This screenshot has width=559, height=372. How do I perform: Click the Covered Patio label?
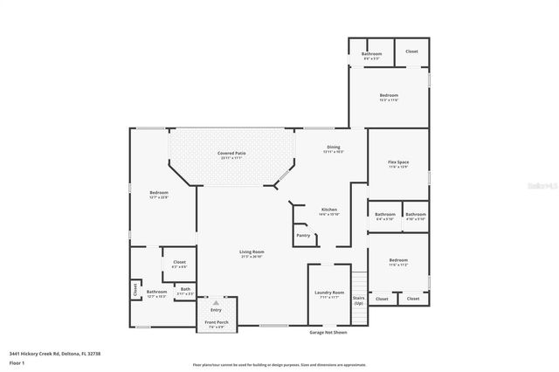[x=232, y=153]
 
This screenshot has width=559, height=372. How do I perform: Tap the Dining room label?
[x=333, y=147]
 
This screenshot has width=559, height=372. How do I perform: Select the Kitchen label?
[x=328, y=210]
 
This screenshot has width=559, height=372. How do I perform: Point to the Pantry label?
[x=303, y=235]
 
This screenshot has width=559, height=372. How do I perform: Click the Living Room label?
[x=252, y=253]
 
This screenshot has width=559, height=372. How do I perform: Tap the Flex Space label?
[x=398, y=162]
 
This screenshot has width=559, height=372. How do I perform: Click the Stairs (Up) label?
[x=358, y=300]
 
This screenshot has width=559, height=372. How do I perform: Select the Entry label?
[x=216, y=310]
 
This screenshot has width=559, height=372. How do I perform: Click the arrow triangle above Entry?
[x=216, y=303]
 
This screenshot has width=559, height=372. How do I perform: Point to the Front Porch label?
[x=216, y=323]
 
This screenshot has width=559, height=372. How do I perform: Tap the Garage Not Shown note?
[x=328, y=332]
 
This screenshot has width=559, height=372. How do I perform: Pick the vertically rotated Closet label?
[x=135, y=287]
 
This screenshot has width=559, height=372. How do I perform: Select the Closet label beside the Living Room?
[x=179, y=262]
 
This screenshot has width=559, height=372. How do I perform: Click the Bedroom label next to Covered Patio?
[x=158, y=193]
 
